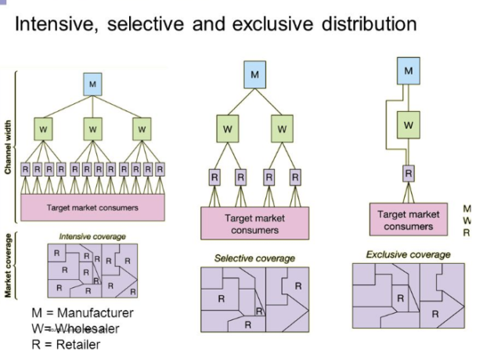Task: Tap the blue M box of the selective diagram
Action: click(254, 75)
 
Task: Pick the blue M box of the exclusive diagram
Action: click(408, 71)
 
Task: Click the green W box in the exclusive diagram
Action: click(408, 124)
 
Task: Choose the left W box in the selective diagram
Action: click(227, 128)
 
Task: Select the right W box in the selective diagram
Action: click(282, 128)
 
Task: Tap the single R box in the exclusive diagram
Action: click(408, 173)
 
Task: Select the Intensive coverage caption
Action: click(92, 236)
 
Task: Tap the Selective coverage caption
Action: click(254, 257)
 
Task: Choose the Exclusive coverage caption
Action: click(408, 254)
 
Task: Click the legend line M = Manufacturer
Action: click(82, 313)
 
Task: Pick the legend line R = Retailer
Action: click(66, 344)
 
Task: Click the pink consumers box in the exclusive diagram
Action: click(408, 220)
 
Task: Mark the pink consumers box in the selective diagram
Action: click(254, 224)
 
